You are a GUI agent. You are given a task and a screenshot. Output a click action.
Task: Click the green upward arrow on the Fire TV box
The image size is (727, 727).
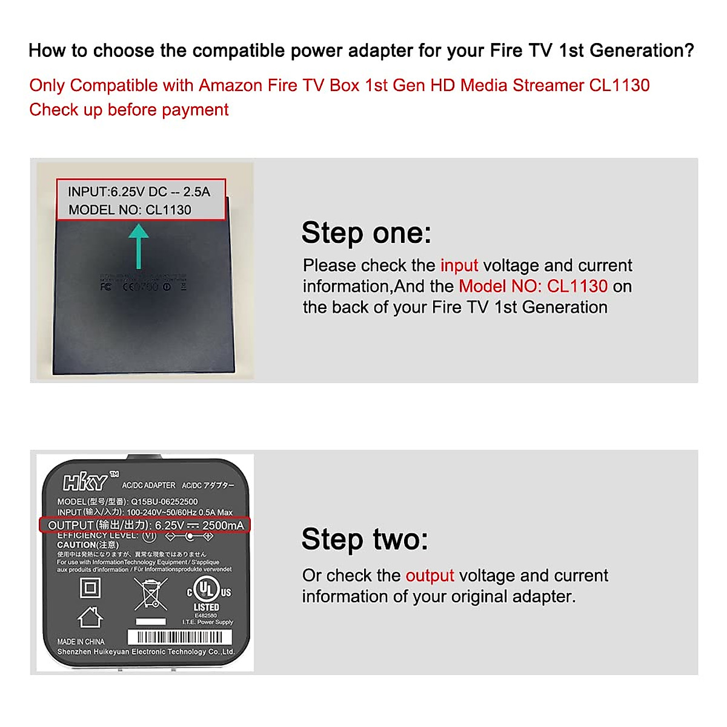pos(139,245)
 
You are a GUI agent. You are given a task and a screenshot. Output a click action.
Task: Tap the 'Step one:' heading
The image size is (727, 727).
pos(366,233)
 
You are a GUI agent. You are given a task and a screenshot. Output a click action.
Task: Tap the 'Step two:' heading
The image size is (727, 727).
pos(365,539)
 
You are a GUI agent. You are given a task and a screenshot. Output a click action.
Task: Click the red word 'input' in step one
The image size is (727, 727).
pos(459,265)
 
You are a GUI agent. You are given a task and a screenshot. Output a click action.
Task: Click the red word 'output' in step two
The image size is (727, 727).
pos(430,575)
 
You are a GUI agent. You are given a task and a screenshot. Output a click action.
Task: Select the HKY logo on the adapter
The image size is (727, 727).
pos(86,482)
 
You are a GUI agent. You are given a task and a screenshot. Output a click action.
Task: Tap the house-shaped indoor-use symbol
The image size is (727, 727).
pos(90,617)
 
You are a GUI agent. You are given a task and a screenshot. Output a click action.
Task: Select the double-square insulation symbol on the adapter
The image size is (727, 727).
pos(90,588)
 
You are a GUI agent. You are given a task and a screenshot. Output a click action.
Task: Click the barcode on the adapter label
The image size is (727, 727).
pos(179,637)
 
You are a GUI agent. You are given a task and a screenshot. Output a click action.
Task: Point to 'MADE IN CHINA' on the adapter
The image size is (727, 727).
pos(81,642)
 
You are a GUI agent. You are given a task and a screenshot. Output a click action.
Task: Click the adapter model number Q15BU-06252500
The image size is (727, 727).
pos(164,502)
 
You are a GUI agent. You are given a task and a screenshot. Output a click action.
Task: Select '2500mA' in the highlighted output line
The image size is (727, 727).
pos(222,525)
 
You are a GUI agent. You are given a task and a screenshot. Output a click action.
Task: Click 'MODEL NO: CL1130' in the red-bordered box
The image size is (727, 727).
pos(130,210)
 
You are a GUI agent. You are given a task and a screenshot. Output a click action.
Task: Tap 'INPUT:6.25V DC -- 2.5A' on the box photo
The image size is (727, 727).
pos(139,192)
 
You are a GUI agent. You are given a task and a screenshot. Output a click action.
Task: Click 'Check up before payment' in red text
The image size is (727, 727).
pos(129,110)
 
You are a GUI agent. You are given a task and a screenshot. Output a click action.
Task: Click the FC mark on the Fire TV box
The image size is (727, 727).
pos(106,286)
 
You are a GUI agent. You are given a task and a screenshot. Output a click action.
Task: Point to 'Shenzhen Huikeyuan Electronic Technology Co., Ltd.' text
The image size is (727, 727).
pos(145,652)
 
